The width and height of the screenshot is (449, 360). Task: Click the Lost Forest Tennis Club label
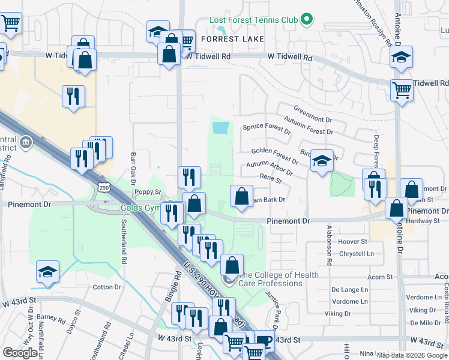tap(253, 20)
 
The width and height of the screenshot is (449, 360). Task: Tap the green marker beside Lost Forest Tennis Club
tap(306, 20)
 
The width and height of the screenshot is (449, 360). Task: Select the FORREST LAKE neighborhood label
tap(228, 39)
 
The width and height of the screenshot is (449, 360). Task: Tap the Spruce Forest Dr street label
tap(267, 128)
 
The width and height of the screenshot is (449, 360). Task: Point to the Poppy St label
tap(148, 192)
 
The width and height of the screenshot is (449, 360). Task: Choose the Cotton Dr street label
tap(107, 287)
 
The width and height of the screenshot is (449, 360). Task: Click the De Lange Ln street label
tap(349, 289)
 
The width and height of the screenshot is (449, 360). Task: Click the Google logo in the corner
tap(20, 353)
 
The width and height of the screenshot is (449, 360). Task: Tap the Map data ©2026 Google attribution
tap(412, 355)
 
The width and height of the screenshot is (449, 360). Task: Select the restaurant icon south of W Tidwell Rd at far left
tap(73, 96)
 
